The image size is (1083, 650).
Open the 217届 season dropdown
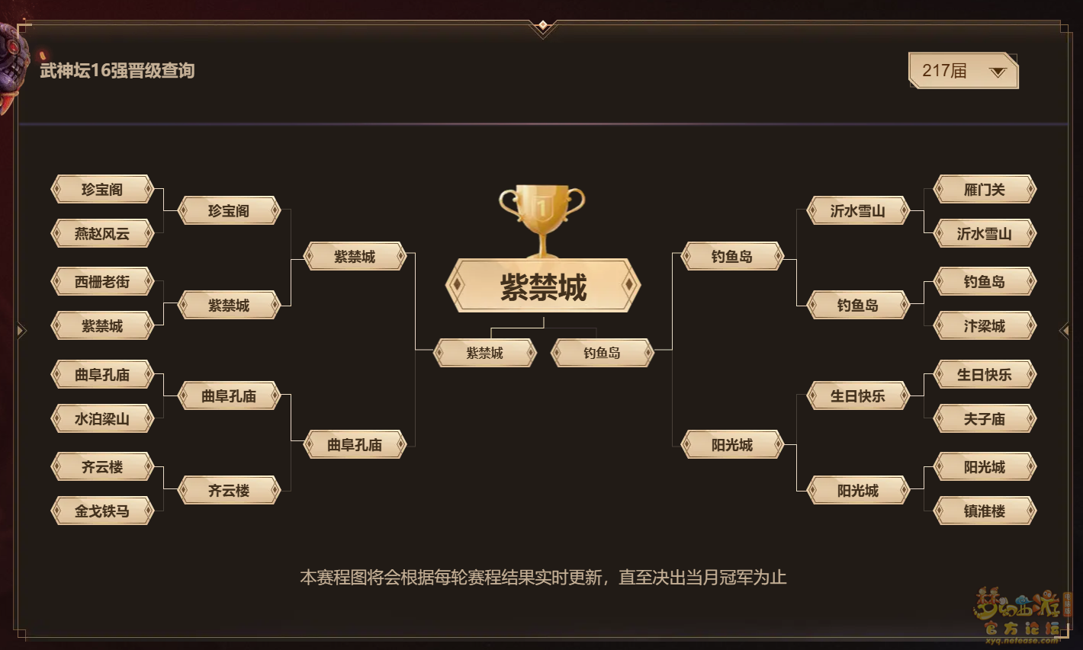pos(963,71)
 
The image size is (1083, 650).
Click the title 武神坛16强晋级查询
pos(117,71)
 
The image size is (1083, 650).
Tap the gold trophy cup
pos(542,219)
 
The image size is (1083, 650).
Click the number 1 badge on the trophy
pos(542,209)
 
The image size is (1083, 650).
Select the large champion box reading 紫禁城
pos(543,286)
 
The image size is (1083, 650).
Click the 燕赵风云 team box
pos(102,233)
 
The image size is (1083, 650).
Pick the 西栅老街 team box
pos(102,281)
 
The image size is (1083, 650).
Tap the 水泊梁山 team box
pos(102,418)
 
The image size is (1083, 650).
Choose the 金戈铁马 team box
pos(102,511)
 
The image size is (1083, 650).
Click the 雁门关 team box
pos(985,189)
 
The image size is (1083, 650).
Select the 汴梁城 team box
pos(985,325)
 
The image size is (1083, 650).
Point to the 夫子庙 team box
pos(985,418)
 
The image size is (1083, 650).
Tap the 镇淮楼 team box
pos(985,511)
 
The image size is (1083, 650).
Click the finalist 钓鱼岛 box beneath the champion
pos(602,353)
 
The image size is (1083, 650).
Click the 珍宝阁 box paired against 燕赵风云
pos(102,189)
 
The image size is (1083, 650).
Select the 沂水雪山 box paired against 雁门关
pos(985,233)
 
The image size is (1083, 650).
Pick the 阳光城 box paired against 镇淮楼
pos(985,466)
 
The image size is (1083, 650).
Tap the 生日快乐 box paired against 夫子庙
pos(985,374)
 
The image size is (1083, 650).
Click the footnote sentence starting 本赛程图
pos(543,578)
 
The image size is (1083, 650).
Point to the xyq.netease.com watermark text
pos(1021,640)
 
